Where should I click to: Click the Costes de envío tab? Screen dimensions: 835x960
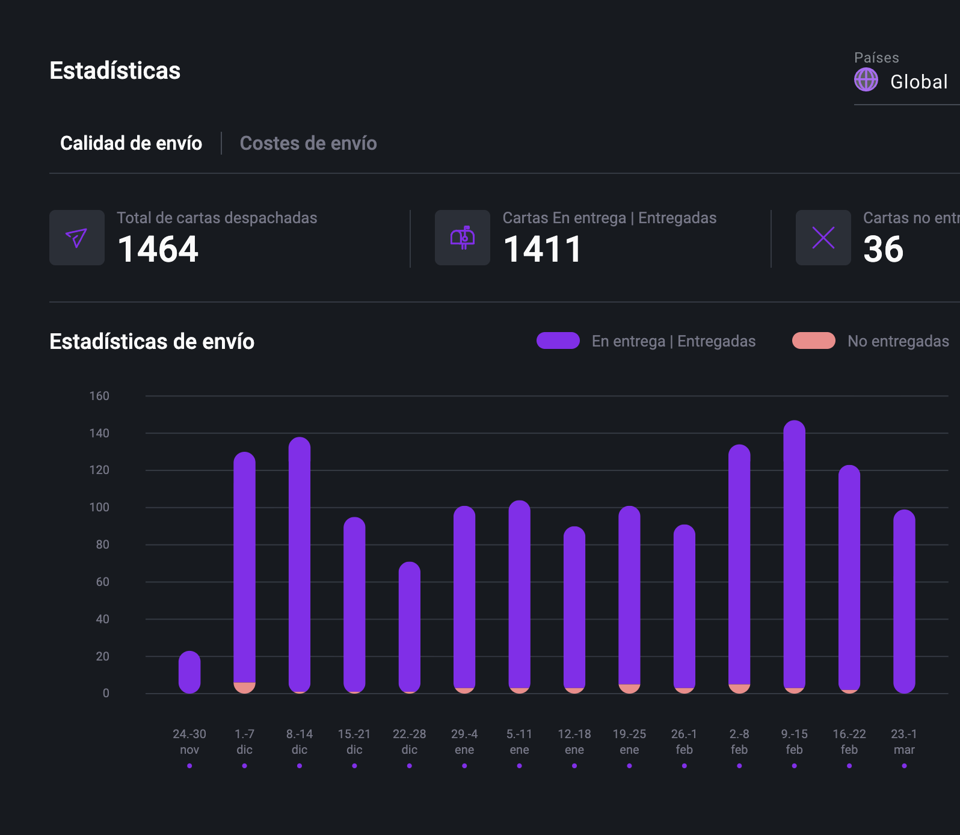coord(308,143)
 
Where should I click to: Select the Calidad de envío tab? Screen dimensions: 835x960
coord(131,143)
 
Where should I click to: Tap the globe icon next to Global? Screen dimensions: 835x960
coord(866,80)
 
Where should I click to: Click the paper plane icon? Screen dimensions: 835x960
coord(77,238)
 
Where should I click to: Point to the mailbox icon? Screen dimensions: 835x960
coord(463,238)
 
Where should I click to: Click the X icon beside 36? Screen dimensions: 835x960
coord(823,238)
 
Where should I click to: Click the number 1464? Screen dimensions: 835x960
coord(158,249)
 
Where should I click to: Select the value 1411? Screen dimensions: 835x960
coord(543,249)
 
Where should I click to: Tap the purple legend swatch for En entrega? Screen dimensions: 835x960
coord(558,340)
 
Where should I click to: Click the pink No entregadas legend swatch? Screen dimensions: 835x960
coord(813,340)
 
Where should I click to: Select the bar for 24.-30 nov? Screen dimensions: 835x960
coord(189,672)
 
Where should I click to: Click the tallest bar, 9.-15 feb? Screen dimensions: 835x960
coord(794,553)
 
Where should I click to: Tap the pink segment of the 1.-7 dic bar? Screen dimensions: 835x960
coord(244,688)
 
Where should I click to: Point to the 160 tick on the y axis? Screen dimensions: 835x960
coord(99,396)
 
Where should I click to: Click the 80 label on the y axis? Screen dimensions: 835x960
coord(102,544)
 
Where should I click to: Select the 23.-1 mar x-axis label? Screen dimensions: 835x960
coord(903,741)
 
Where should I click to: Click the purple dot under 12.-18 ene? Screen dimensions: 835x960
coord(574,766)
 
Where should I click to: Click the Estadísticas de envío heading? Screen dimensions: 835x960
coord(152,341)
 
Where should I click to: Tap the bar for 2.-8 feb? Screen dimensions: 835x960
coord(739,565)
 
